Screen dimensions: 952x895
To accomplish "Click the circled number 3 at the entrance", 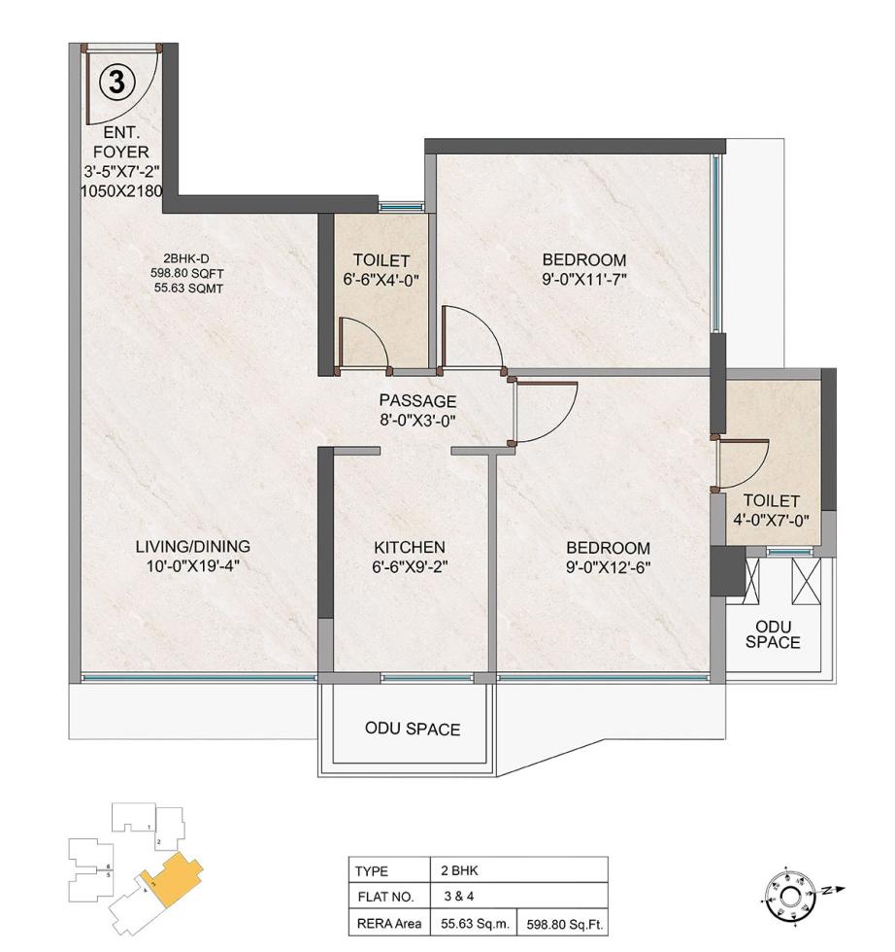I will click(x=116, y=83).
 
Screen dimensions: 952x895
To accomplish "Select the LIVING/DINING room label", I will click(x=192, y=546).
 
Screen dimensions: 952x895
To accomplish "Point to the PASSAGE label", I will click(x=417, y=400).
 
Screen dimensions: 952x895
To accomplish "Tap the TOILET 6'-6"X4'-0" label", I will click(x=381, y=271).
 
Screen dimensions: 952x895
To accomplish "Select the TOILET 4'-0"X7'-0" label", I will click(x=773, y=510).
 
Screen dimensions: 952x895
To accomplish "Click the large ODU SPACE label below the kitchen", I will click(x=412, y=729).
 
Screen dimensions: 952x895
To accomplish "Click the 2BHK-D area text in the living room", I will click(x=195, y=273).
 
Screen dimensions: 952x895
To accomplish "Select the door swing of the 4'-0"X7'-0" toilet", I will click(x=742, y=464).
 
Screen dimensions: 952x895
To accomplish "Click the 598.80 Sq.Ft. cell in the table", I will click(x=565, y=924).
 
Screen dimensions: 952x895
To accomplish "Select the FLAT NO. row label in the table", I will click(x=384, y=897).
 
